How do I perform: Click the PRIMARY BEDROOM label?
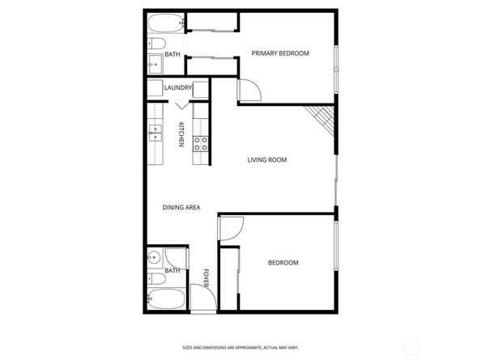[x=280, y=54]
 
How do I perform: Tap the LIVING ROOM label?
[x=267, y=160]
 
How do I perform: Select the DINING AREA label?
[x=181, y=208]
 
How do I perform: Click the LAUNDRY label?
[x=177, y=88]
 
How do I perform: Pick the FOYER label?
[x=206, y=277]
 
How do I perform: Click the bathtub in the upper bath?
[x=166, y=23]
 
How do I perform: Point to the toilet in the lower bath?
[x=155, y=279]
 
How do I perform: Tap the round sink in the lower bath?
[x=154, y=258]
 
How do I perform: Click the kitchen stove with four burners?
[x=200, y=144]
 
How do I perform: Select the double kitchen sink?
[x=154, y=132]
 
